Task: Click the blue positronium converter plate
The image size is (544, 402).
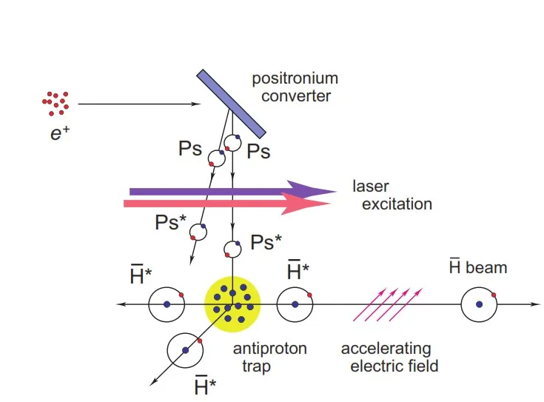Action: [x=232, y=104]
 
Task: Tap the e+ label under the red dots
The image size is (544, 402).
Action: [x=60, y=133]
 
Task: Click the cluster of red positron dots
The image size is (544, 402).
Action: [x=56, y=104]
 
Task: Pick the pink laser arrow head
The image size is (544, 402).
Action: [x=305, y=204]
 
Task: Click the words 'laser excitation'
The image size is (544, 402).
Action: [x=392, y=195]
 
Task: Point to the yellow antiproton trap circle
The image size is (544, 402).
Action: [x=232, y=304]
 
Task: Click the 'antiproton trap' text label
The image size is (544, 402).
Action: [x=269, y=358]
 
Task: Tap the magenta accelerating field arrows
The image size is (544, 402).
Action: [x=388, y=304]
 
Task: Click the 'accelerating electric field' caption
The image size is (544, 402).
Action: [x=390, y=358]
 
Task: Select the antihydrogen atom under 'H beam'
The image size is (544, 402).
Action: [x=479, y=304]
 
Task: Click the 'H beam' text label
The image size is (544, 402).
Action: [x=478, y=267]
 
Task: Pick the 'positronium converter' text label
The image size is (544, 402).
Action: [x=295, y=87]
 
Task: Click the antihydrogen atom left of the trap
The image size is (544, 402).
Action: [x=167, y=304]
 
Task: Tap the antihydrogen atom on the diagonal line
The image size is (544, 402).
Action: [x=185, y=350]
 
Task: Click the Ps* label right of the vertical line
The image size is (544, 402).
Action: [x=266, y=242]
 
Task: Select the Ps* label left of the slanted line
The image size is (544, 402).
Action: [x=170, y=222]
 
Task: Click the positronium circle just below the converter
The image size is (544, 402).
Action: [x=232, y=143]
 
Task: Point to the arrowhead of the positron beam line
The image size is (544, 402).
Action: [x=196, y=104]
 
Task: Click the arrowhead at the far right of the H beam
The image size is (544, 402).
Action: [x=536, y=304]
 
